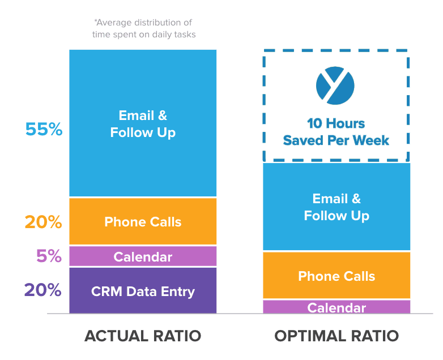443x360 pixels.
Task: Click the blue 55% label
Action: click(44, 129)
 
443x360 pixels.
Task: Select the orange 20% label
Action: click(43, 222)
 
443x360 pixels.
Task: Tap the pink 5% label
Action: click(49, 256)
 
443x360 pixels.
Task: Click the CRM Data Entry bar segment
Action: click(143, 291)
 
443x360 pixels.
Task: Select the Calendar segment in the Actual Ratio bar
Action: click(143, 256)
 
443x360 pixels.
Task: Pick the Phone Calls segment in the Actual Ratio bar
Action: click(143, 221)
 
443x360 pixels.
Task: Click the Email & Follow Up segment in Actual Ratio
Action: click(143, 123)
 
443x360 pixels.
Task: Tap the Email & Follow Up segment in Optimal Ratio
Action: click(336, 207)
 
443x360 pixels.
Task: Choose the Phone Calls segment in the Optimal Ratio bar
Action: click(336, 276)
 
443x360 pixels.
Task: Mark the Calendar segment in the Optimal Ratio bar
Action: click(336, 307)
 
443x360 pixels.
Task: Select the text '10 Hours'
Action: click(336, 123)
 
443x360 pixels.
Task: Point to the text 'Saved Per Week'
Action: click(336, 140)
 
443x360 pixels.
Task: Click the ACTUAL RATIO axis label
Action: click(143, 336)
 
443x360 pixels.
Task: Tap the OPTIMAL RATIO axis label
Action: click(336, 336)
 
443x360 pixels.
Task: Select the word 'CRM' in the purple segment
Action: click(105, 292)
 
